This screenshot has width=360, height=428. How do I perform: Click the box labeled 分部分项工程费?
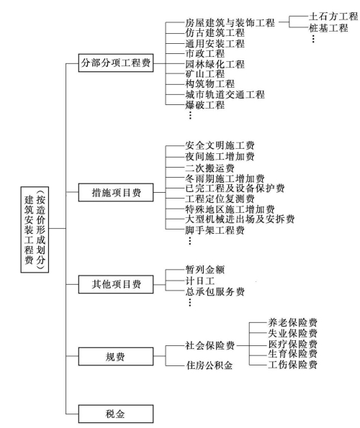click(116, 63)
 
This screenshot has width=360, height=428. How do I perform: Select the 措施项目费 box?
click(116, 193)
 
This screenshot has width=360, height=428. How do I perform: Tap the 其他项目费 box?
click(116, 284)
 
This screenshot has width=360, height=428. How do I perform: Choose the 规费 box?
click(116, 356)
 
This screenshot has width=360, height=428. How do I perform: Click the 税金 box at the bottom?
click(116, 414)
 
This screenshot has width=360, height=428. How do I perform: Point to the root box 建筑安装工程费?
click(35, 229)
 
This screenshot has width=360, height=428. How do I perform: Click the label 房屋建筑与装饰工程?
click(230, 22)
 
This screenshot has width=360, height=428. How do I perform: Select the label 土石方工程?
click(333, 17)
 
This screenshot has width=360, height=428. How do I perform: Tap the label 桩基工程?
click(328, 28)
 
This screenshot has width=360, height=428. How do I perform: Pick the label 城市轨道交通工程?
click(225, 94)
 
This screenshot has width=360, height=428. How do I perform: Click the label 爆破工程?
click(205, 105)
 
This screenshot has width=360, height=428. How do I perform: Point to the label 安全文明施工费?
click(220, 145)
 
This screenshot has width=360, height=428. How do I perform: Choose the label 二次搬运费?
click(210, 168)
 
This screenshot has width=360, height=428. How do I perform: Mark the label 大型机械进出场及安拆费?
click(240, 219)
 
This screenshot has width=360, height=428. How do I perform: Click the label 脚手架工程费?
click(215, 230)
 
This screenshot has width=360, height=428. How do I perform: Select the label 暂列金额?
click(205, 270)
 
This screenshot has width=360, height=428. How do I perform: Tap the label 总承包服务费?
click(215, 292)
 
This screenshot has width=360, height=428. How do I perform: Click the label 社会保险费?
click(210, 345)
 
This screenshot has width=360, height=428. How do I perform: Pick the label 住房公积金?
click(210, 365)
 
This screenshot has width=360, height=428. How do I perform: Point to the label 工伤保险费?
click(292, 365)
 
